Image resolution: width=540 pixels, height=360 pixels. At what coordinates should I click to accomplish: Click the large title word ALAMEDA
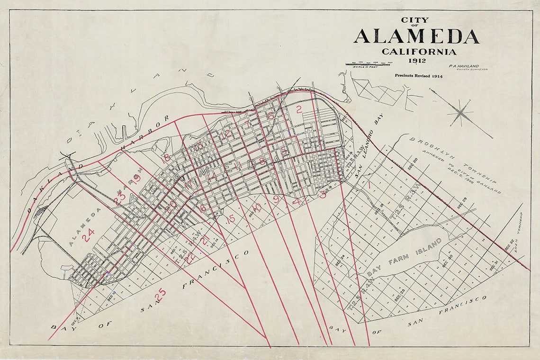tap(415, 36)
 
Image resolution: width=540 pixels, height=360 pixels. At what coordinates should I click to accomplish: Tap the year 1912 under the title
tap(415, 60)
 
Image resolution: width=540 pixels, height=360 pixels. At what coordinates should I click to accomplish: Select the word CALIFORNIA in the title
tap(419, 52)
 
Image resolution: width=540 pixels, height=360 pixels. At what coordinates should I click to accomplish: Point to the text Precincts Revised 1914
tap(419, 76)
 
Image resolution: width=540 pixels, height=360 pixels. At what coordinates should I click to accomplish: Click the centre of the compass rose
tap(460, 113)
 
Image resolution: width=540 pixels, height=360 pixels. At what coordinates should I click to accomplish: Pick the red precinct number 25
tap(160, 294)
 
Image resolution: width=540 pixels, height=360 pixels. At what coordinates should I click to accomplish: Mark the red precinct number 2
tap(298, 110)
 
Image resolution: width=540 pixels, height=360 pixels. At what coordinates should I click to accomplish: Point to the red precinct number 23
tap(119, 199)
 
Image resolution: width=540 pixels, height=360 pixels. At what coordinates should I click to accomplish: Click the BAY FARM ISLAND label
tap(405, 258)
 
